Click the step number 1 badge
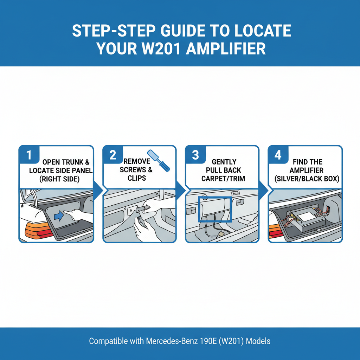click(28, 155)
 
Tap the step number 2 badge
click(112, 155)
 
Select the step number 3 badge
click(195, 155)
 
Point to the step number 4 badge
click(278, 155)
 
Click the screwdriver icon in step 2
click(158, 161)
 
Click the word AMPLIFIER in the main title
click(226, 49)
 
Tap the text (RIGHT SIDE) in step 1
click(59, 179)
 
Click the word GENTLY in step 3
click(224, 162)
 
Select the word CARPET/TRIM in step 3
click(224, 179)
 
